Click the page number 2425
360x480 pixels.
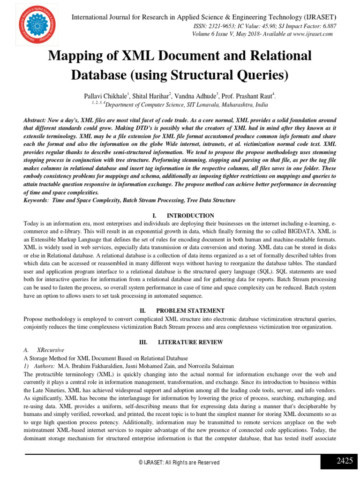pyautogui.click(x=345, y=461)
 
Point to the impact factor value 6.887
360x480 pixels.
pyautogui.click(x=327, y=27)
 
